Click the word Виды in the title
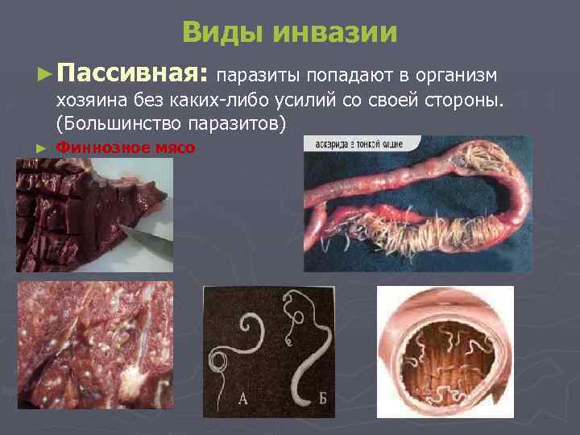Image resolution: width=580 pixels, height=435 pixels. coord(223,33)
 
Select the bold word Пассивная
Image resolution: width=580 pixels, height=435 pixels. coord(134,75)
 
